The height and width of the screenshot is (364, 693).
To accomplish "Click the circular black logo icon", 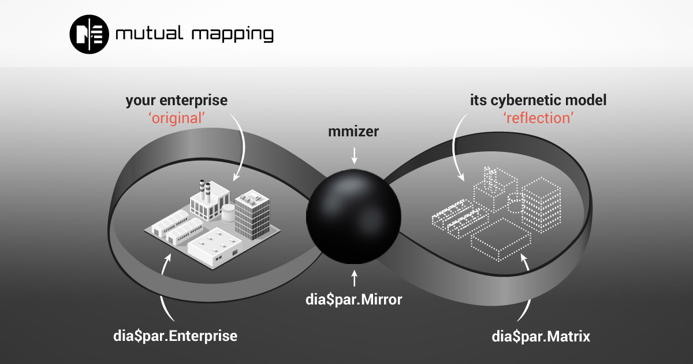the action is pyautogui.click(x=89, y=34).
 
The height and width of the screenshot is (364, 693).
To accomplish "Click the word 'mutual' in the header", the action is pyautogui.click(x=149, y=33).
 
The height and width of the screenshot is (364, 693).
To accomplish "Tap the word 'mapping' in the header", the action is pyautogui.click(x=233, y=35).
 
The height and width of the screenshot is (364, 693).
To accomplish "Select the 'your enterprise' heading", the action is pyautogui.click(x=176, y=101).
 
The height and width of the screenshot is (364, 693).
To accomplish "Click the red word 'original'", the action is pyautogui.click(x=177, y=118).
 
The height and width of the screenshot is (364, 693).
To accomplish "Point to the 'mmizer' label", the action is pyautogui.click(x=353, y=131).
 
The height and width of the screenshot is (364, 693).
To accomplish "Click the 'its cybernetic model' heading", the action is pyautogui.click(x=538, y=101).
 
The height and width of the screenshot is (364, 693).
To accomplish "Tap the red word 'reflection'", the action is pyautogui.click(x=538, y=118).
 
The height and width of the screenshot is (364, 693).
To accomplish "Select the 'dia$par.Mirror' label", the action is pyautogui.click(x=353, y=299).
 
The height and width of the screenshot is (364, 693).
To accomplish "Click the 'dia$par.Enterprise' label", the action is pyautogui.click(x=175, y=336).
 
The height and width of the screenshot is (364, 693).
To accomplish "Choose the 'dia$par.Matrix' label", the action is pyautogui.click(x=541, y=336).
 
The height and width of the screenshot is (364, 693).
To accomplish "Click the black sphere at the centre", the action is pyautogui.click(x=353, y=216).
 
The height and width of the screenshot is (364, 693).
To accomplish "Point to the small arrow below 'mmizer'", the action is pyautogui.click(x=354, y=155).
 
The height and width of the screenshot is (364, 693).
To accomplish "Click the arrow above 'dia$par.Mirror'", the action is pyautogui.click(x=354, y=278).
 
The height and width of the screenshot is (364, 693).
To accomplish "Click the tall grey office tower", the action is pyautogui.click(x=252, y=214).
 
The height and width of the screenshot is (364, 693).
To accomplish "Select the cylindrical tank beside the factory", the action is pyautogui.click(x=228, y=213).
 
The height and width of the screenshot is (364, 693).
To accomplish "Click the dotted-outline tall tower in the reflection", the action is pyautogui.click(x=541, y=205).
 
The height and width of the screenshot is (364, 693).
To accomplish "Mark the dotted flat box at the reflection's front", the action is pyautogui.click(x=500, y=239).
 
